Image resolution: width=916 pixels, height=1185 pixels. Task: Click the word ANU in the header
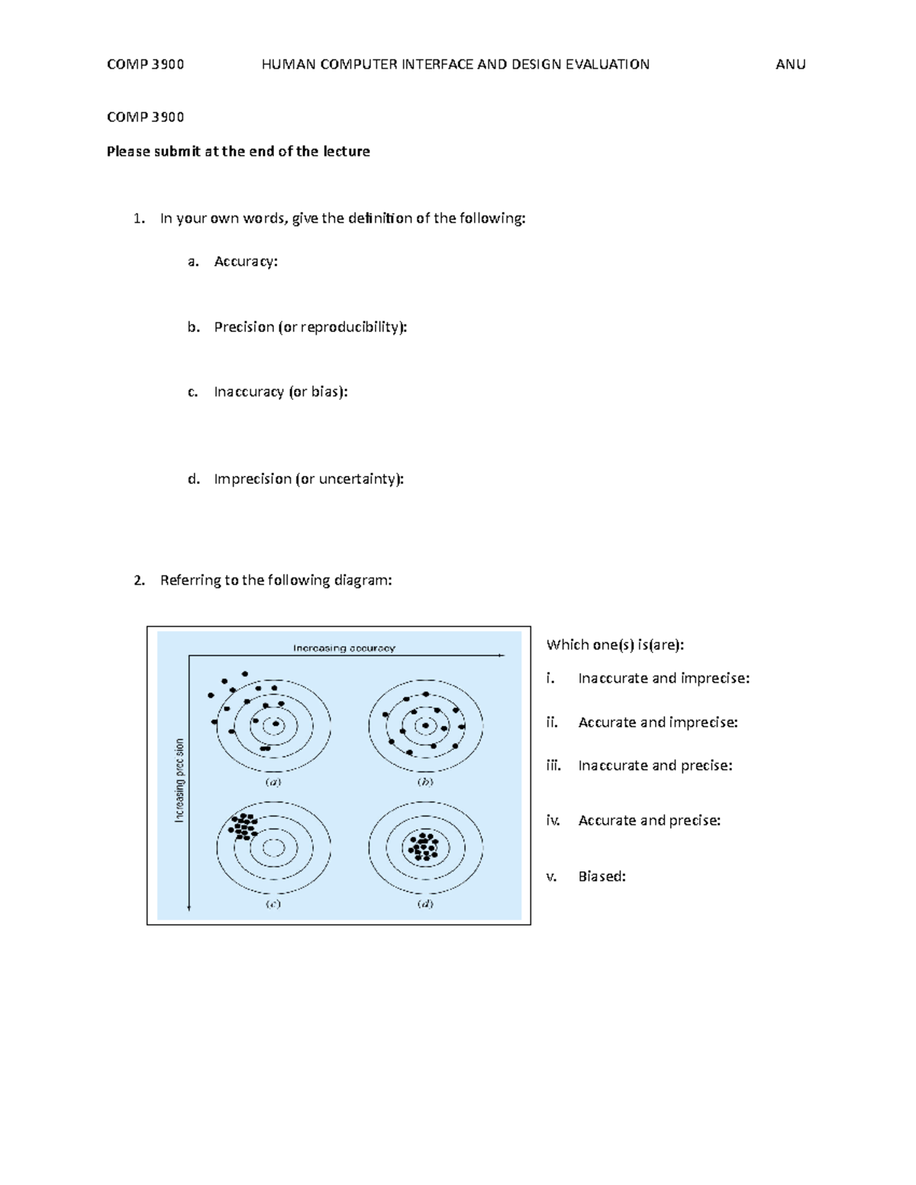click(x=790, y=65)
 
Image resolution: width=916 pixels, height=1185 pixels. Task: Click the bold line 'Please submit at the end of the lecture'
click(x=238, y=151)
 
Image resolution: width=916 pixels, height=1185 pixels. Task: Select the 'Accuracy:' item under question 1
click(x=246, y=262)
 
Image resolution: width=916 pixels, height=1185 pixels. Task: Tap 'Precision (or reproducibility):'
click(x=310, y=327)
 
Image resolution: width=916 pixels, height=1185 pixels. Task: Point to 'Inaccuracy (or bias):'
click(x=280, y=392)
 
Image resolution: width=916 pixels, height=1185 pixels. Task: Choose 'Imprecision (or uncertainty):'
click(x=308, y=479)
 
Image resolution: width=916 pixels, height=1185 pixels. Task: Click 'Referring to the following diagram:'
click(x=276, y=581)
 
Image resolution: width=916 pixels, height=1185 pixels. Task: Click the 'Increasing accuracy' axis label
click(x=344, y=649)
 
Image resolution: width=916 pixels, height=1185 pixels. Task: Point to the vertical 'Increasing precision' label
click(x=179, y=780)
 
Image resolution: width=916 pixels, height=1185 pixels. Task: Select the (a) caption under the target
click(x=273, y=782)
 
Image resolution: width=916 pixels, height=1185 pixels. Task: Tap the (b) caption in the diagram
click(x=425, y=782)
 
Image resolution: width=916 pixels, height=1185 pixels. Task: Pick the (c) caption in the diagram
click(x=273, y=904)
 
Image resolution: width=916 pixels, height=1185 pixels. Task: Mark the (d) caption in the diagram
click(x=425, y=904)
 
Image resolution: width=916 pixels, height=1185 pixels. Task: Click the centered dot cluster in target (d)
click(x=423, y=846)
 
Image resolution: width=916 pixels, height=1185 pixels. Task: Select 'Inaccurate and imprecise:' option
click(x=663, y=678)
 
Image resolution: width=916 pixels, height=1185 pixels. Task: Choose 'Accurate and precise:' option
click(x=649, y=821)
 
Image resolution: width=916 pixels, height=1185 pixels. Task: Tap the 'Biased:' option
click(x=602, y=877)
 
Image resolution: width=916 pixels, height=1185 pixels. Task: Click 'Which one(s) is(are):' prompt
click(x=615, y=645)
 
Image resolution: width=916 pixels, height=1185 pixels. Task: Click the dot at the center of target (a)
click(x=276, y=723)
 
